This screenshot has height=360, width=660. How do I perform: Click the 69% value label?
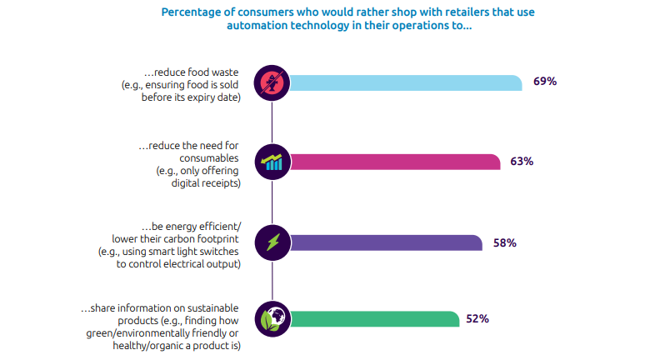click(x=545, y=82)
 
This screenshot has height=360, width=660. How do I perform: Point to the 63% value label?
click(x=522, y=161)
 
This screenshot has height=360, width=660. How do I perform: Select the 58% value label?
click(x=505, y=242)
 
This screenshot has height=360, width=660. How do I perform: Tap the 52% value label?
click(x=477, y=318)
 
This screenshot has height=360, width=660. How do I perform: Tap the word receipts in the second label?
click(x=222, y=183)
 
